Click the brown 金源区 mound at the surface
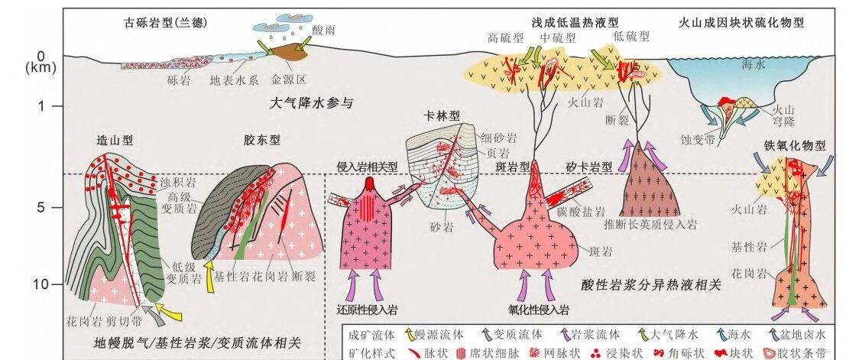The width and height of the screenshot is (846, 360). (289, 54)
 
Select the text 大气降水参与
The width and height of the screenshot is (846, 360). (311, 102)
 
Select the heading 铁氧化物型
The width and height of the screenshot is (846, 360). (795, 146)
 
